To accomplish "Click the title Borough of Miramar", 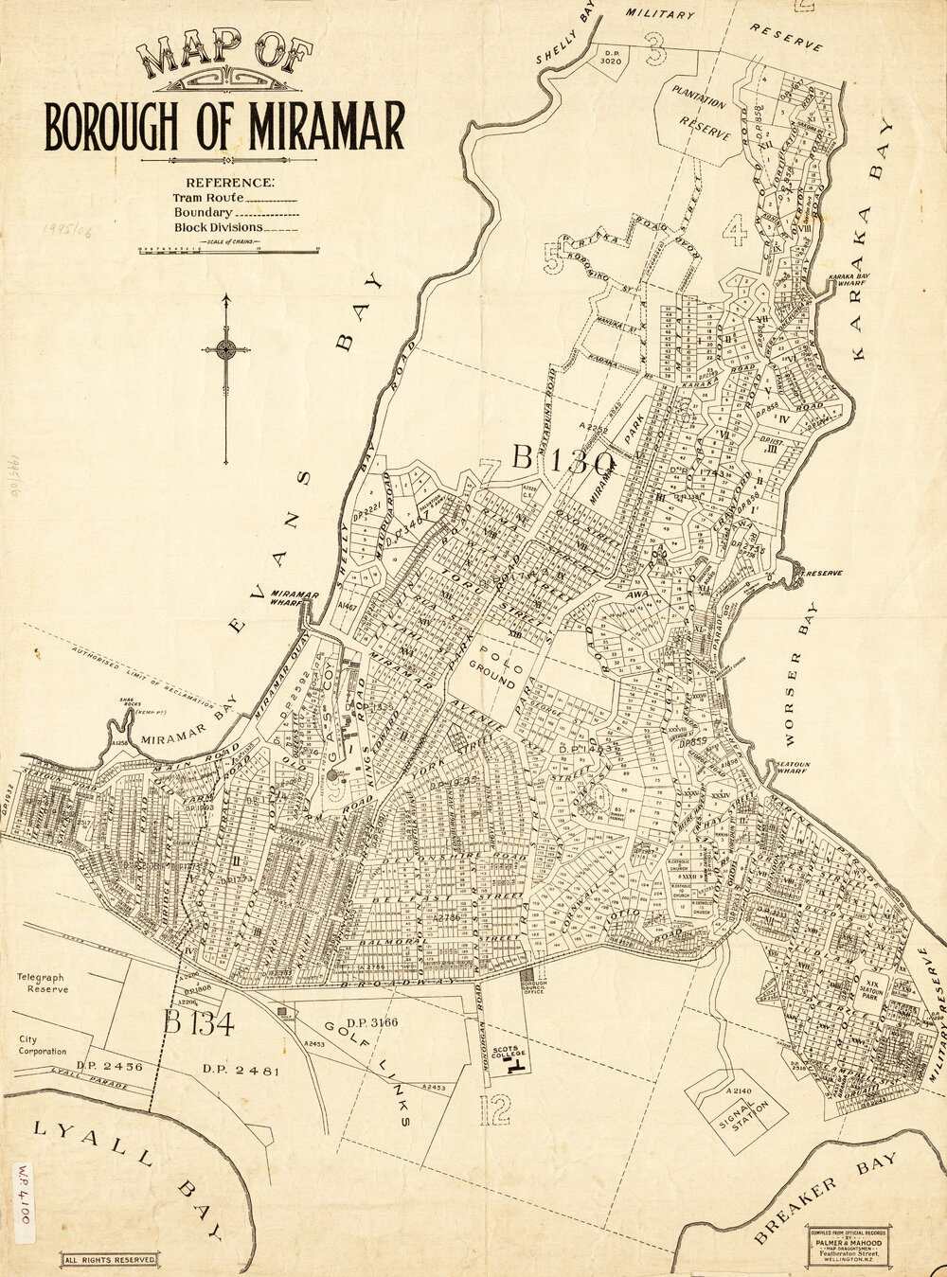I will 224,126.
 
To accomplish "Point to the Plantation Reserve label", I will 700,115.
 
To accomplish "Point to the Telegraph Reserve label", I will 43,982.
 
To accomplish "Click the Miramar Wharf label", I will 295,599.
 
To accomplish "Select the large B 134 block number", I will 198,1022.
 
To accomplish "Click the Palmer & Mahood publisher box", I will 848,1247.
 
